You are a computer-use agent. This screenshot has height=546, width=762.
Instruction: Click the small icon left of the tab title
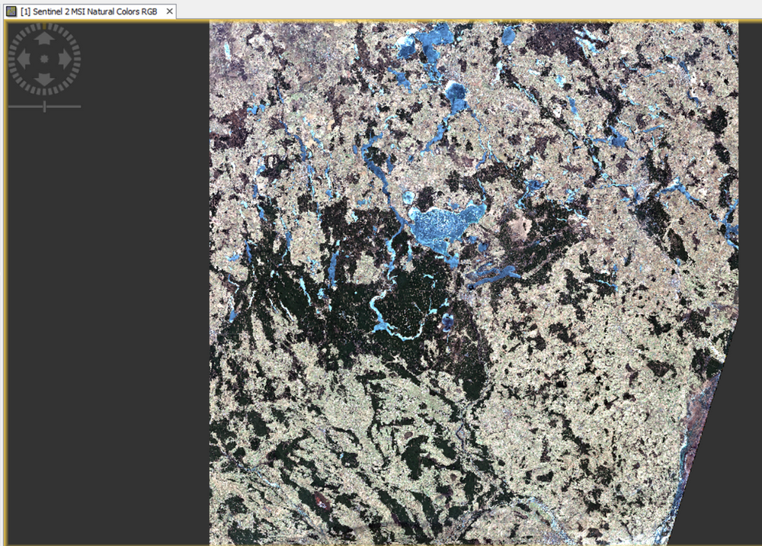tap(11, 12)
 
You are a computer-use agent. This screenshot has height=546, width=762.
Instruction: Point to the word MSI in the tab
tap(79, 12)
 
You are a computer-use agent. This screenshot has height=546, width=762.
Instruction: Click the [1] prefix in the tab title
tap(25, 12)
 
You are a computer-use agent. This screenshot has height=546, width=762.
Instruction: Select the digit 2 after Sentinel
tap(67, 12)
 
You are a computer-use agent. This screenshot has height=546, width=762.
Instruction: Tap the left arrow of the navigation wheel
tap(24, 59)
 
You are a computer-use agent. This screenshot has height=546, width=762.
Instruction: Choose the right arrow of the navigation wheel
tap(65, 59)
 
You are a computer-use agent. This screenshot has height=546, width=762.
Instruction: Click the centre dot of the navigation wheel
tap(44, 59)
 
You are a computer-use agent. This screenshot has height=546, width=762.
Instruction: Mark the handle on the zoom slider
tap(44, 106)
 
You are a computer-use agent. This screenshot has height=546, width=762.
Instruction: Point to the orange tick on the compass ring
tap(44, 25)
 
